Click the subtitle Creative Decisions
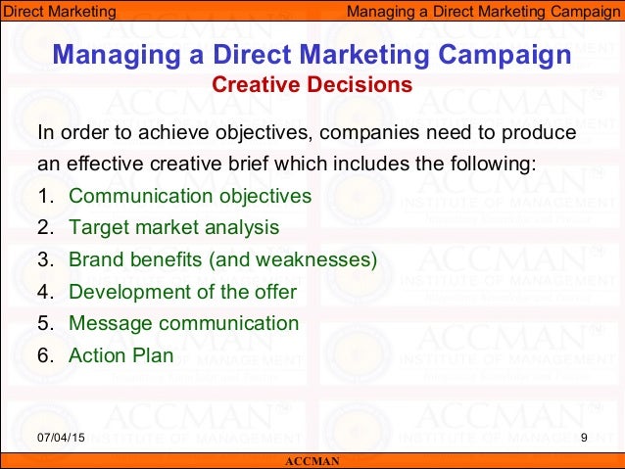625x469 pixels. point(312,85)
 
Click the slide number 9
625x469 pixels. point(584,437)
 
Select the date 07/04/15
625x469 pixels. point(62,437)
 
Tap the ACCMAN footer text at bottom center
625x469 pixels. point(312,461)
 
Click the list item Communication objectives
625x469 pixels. point(190,196)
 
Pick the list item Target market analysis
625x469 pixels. point(173,228)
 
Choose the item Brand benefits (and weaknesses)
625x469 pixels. point(222,260)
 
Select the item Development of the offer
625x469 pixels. point(182,292)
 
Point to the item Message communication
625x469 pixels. point(183,323)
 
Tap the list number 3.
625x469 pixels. point(44,260)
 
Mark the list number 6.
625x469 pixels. point(44,355)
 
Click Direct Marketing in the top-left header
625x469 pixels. point(58,12)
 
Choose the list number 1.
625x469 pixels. point(44,196)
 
